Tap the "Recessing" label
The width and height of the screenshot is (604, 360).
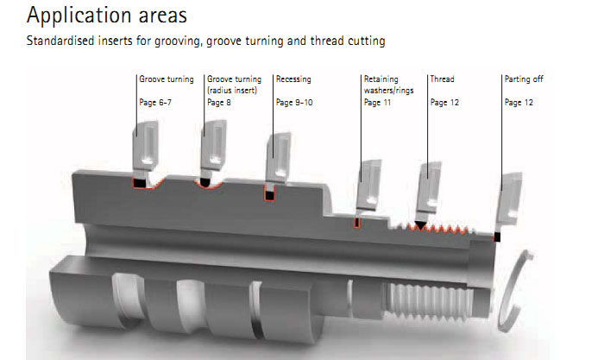(x=293, y=79)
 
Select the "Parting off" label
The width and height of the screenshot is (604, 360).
(x=523, y=79)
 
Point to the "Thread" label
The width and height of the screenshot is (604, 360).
(x=442, y=79)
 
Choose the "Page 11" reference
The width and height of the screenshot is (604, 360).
(x=376, y=103)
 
